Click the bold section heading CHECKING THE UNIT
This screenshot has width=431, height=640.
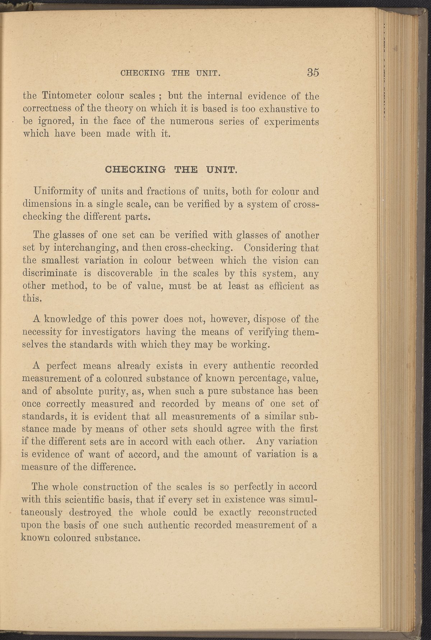tap(170, 169)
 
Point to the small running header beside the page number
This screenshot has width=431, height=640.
tap(170, 73)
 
